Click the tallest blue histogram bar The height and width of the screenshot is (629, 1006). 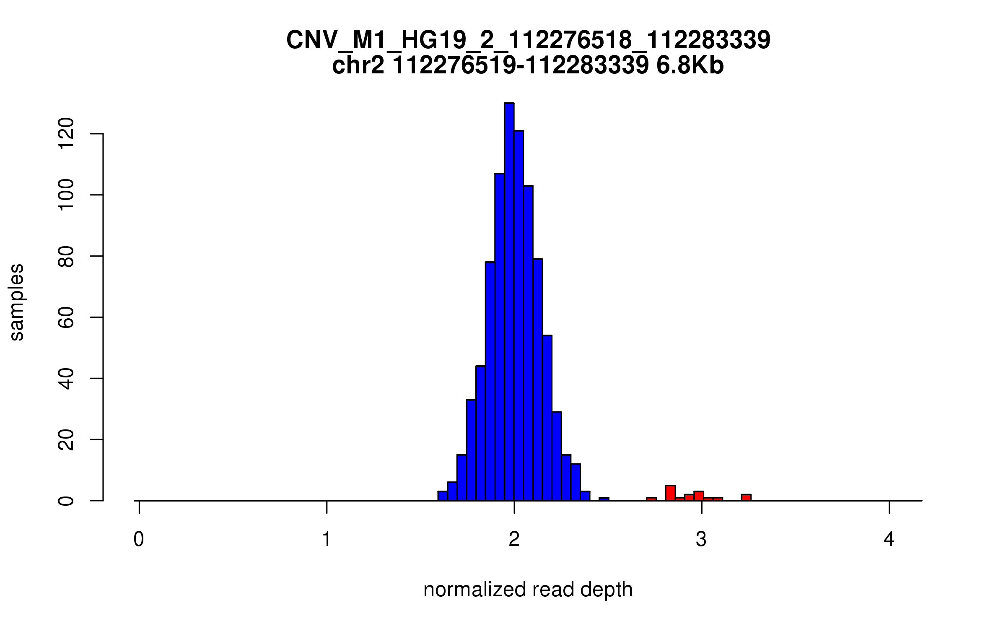(509, 302)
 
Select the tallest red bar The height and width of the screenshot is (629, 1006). (670, 493)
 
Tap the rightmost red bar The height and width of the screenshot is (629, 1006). (746, 497)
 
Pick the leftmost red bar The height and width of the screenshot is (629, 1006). (651, 499)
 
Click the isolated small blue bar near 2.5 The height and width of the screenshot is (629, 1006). (604, 499)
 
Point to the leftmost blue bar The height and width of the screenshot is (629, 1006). (442, 496)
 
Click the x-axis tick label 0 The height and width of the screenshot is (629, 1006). (139, 539)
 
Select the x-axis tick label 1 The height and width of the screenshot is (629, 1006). (327, 539)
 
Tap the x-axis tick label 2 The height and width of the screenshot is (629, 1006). (514, 539)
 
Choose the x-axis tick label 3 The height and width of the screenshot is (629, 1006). (701, 539)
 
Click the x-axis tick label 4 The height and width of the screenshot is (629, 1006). (889, 539)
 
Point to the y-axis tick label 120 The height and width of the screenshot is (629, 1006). (66, 134)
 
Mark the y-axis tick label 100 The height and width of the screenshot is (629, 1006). (66, 195)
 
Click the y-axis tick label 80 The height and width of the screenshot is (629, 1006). (66, 256)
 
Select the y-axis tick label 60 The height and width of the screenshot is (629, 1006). (66, 317)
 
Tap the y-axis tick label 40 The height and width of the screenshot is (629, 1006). (66, 379)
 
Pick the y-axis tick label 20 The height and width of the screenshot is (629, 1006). (66, 440)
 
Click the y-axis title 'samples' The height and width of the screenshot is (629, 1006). (17, 302)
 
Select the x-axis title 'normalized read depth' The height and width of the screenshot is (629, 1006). (528, 590)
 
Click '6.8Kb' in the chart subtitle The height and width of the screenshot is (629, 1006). (690, 66)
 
